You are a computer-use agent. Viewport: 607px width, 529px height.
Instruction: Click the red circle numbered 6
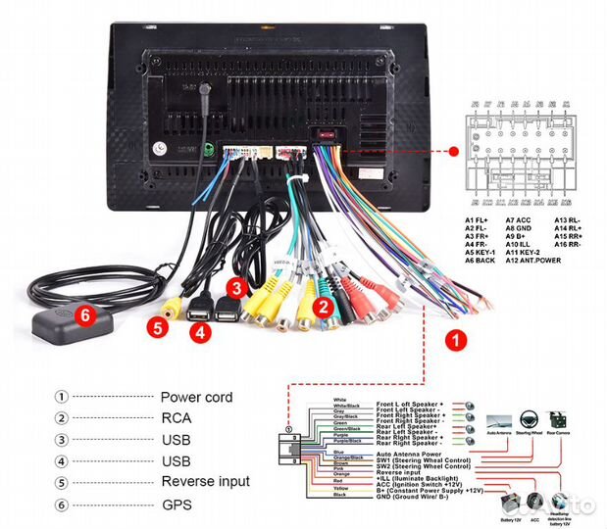coord(85,315)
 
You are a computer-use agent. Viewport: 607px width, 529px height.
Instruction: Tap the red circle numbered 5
coord(155,328)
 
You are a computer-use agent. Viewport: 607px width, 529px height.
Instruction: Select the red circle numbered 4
coord(200,332)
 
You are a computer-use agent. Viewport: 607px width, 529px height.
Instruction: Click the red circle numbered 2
coord(321,306)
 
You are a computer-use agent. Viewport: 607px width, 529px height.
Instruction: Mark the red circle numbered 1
coord(454,341)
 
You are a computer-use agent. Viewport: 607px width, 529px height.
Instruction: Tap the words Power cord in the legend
coord(196,397)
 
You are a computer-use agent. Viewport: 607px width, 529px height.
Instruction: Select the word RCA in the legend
coord(177,418)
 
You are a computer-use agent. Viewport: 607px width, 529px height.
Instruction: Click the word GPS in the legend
coord(177,504)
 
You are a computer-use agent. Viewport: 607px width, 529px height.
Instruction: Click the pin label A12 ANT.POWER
coord(532,261)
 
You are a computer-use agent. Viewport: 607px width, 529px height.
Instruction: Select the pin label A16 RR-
coord(573,245)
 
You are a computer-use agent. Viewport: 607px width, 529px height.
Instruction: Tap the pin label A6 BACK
coord(481,261)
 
